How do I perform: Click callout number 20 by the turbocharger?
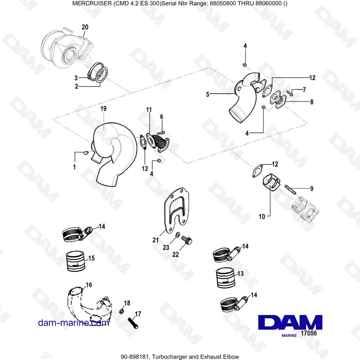tap(85, 27)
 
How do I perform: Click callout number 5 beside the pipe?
tap(208, 95)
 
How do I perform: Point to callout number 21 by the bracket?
tap(156, 240)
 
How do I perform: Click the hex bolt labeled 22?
tap(186, 240)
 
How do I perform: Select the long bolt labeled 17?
tap(132, 320)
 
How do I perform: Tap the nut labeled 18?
tap(122, 311)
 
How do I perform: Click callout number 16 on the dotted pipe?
tap(89, 285)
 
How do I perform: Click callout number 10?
tap(261, 217)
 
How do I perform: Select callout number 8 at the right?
tap(311, 102)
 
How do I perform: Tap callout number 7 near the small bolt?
tap(304, 89)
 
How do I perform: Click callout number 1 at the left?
tap(75, 167)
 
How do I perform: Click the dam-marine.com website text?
tap(73, 323)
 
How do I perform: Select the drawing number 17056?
tap(309, 333)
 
